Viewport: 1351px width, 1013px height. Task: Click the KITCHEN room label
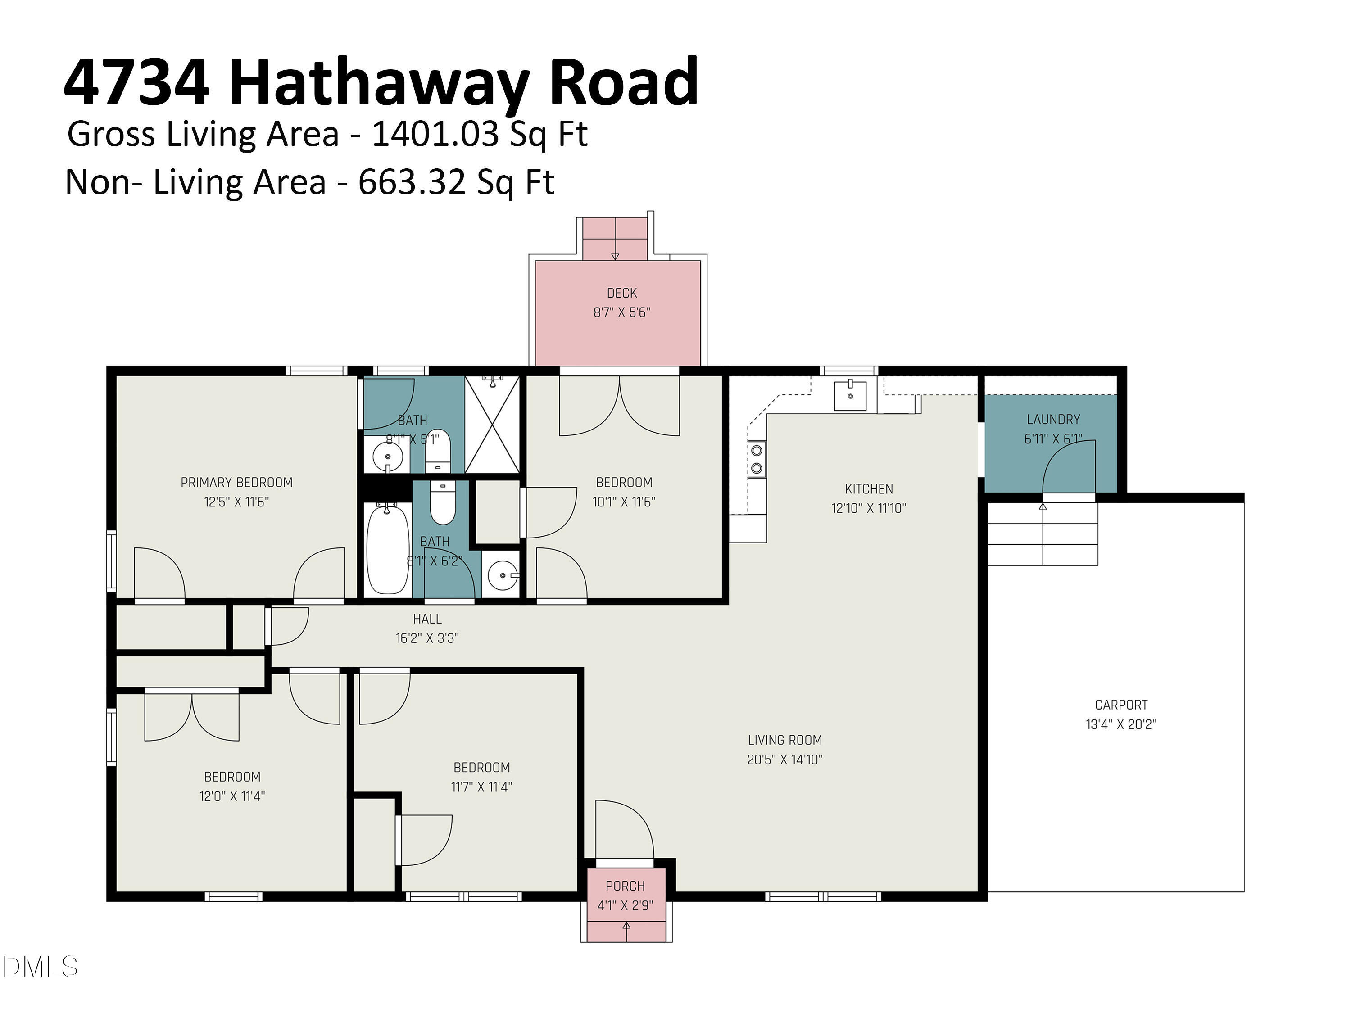(869, 488)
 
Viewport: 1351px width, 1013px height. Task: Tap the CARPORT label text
(1121, 705)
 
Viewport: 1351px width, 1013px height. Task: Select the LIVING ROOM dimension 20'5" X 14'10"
(785, 760)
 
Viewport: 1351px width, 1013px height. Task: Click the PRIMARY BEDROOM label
(236, 482)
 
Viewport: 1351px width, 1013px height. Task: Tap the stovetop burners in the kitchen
(757, 459)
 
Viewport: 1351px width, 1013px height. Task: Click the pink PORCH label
(625, 886)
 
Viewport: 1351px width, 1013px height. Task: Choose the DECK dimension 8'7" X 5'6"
(622, 312)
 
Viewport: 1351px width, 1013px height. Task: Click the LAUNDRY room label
(1053, 420)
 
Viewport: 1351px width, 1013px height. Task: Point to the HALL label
(427, 619)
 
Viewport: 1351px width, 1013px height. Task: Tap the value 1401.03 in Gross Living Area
(436, 134)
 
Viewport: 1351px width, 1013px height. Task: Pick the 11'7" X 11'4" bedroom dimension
(481, 787)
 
